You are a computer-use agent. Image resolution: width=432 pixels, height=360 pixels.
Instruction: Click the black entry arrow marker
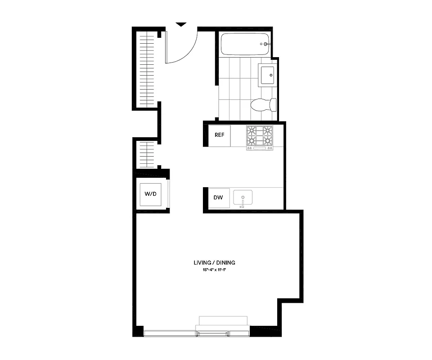(x=180, y=24)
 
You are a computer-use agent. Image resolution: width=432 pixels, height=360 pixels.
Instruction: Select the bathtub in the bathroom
(x=245, y=45)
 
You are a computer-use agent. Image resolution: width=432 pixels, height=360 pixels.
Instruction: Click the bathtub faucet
(x=265, y=44)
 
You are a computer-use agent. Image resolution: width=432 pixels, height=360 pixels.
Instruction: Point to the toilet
(x=264, y=105)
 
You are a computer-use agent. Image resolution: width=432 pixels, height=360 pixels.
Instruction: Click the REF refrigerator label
(x=219, y=135)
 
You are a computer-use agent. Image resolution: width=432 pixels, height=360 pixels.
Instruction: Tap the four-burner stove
(x=260, y=137)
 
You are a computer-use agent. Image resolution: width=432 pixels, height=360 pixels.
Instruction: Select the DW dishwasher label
(x=219, y=197)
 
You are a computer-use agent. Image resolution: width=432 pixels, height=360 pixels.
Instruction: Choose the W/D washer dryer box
(x=150, y=194)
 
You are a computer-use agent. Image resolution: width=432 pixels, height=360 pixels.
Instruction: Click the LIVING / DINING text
(x=214, y=263)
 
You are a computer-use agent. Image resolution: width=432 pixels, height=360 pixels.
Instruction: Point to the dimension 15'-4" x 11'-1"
(x=214, y=270)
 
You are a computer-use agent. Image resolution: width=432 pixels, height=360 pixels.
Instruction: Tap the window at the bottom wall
(x=197, y=333)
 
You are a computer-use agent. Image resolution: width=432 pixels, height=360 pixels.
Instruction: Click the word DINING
(x=225, y=263)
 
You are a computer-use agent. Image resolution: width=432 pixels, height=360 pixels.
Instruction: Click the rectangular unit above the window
(x=223, y=320)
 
